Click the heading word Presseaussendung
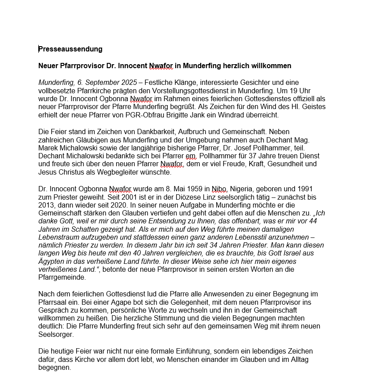click(70, 49)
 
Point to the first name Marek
click(48, 148)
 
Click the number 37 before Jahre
click(254, 156)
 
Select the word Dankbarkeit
click(146, 131)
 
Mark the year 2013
click(47, 205)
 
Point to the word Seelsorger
click(56, 334)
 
